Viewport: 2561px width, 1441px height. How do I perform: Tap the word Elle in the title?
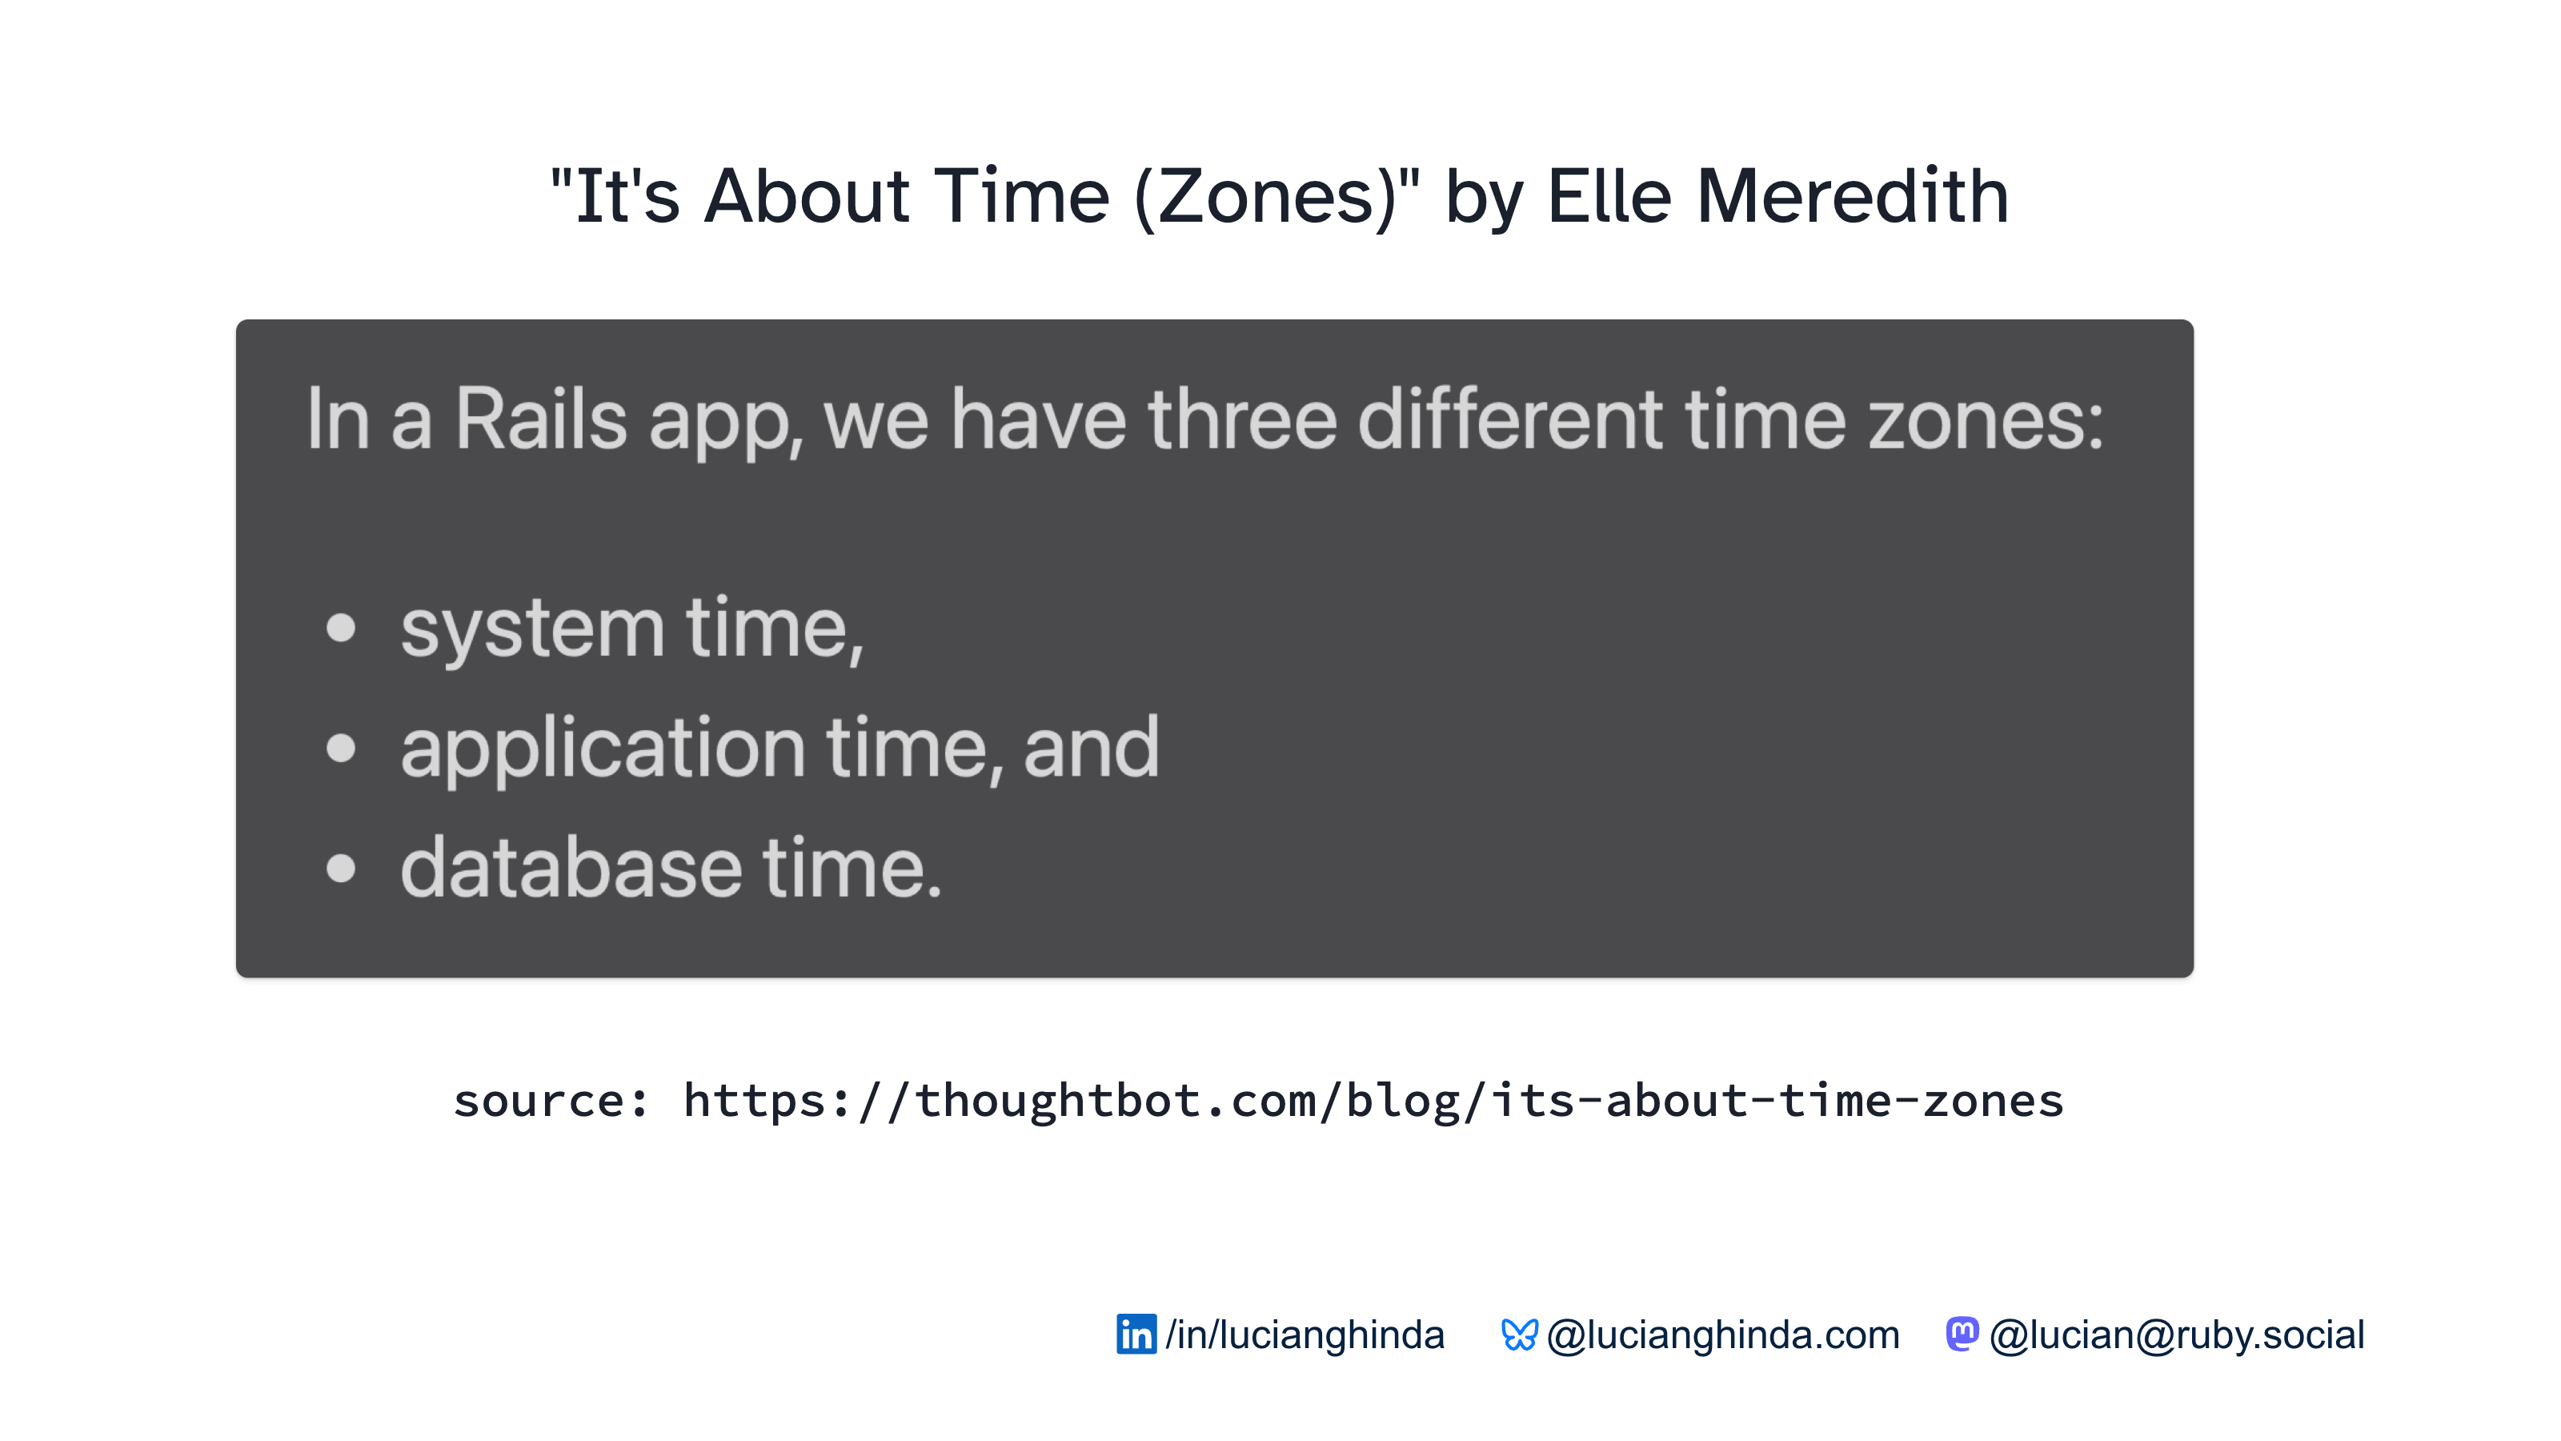point(1609,196)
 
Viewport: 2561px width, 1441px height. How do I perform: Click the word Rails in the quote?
point(541,419)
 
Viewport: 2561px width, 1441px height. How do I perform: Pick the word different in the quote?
point(1510,419)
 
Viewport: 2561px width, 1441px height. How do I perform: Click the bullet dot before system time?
point(341,628)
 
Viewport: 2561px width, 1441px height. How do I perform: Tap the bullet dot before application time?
point(341,748)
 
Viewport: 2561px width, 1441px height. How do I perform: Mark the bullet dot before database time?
point(341,867)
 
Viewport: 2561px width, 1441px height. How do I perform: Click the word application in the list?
point(603,748)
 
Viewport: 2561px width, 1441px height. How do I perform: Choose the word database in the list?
point(571,866)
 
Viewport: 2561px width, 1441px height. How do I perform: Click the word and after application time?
point(1091,747)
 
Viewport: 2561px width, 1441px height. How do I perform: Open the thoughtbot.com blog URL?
point(1373,1101)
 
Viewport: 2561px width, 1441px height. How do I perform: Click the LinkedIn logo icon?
point(1136,1334)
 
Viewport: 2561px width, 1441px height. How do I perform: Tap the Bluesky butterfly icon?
point(1519,1335)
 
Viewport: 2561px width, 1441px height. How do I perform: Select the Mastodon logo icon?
point(1962,1334)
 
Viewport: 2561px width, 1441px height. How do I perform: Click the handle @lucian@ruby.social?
point(2177,1335)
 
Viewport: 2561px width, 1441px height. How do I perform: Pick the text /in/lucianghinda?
point(1305,1335)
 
